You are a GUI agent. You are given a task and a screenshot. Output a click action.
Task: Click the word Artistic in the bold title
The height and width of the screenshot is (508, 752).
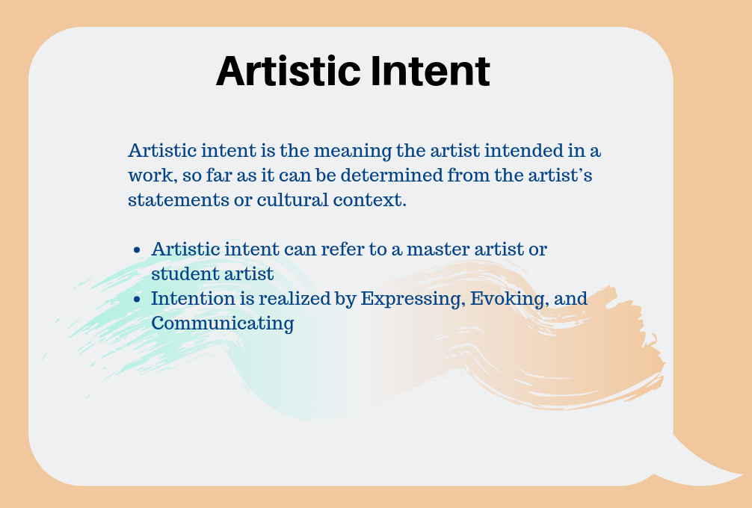click(x=289, y=71)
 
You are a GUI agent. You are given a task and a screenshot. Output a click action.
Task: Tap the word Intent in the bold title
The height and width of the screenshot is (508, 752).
click(x=431, y=71)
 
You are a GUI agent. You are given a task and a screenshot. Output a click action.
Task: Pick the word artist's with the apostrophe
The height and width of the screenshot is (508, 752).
click(x=560, y=175)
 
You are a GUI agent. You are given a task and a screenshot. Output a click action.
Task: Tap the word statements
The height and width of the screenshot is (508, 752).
click(x=179, y=200)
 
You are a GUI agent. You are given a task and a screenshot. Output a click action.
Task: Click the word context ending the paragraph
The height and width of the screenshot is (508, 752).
click(x=370, y=200)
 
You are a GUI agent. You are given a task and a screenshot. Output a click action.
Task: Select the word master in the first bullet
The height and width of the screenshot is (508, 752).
click(x=438, y=250)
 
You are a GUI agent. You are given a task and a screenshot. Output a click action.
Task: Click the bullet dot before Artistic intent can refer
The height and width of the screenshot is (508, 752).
click(x=137, y=250)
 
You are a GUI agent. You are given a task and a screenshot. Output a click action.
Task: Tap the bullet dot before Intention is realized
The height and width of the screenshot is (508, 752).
click(x=137, y=299)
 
